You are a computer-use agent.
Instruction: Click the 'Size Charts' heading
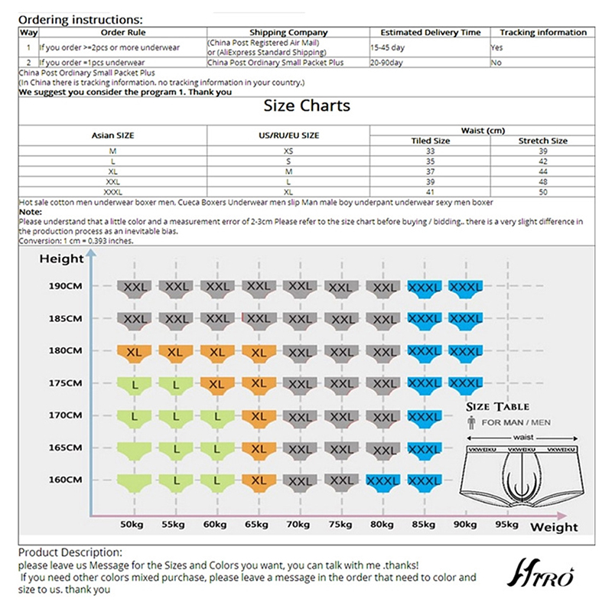click(307, 106)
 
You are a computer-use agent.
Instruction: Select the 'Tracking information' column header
click(543, 32)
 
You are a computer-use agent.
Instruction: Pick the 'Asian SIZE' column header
click(113, 135)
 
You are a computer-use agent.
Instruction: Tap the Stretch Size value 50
click(543, 192)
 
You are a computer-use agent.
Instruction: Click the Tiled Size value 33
click(431, 151)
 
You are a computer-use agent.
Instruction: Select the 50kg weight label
click(132, 525)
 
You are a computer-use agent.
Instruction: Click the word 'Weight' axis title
click(554, 528)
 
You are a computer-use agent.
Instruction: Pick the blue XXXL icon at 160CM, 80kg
click(385, 481)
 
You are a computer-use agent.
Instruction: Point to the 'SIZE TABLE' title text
click(497, 406)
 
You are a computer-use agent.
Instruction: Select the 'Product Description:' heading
click(70, 552)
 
